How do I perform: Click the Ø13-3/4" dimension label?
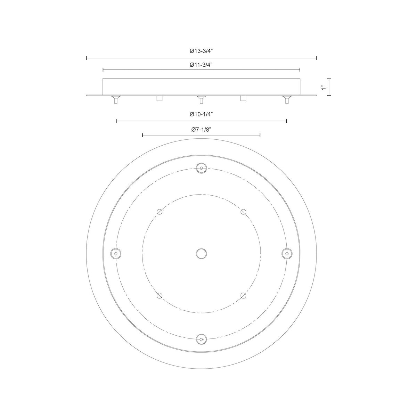pos(201,51)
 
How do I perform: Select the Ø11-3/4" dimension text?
pos(201,65)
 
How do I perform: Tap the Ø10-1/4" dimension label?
pos(201,114)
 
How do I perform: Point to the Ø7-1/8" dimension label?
pos(201,130)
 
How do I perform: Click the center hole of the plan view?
pos(202,253)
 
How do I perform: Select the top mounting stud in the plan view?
pos(202,168)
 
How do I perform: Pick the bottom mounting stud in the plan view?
pos(202,339)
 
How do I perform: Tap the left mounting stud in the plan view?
pos(116,253)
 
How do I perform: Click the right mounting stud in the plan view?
pos(287,253)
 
